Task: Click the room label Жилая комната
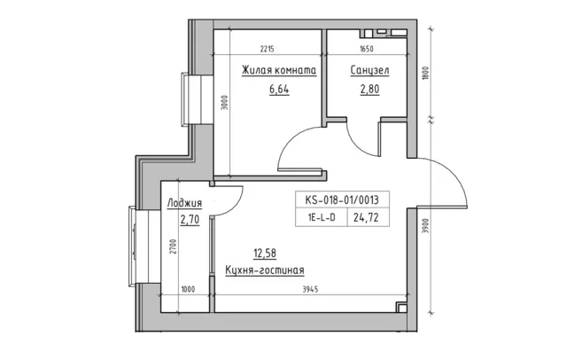point(279,70)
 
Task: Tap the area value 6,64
point(279,89)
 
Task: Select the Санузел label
point(369,70)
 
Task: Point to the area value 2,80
point(369,89)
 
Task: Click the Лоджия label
point(184,203)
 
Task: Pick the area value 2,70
point(190,219)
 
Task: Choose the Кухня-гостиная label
point(265,270)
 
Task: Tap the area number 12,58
point(265,254)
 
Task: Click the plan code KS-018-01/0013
point(342,200)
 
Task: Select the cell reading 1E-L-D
point(322,218)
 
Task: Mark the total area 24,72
point(366,218)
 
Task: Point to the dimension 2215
point(268,49)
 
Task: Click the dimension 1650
point(366,49)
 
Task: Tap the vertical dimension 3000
point(225,102)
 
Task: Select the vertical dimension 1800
point(425,74)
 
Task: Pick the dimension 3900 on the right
point(425,226)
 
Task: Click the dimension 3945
point(310,289)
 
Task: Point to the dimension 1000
point(188,289)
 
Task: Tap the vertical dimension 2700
point(174,247)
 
